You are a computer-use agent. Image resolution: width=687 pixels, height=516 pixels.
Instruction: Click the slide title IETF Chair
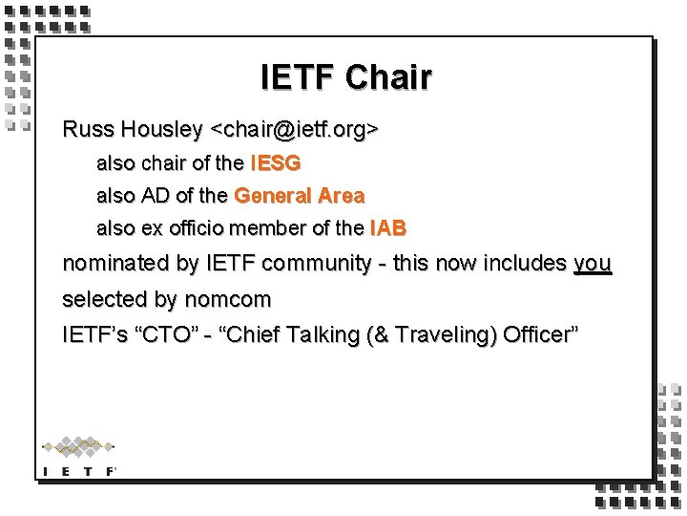coord(345,77)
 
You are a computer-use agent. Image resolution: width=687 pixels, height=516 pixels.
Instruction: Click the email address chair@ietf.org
coord(295,129)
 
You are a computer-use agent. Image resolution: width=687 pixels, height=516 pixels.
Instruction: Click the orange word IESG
coord(275,163)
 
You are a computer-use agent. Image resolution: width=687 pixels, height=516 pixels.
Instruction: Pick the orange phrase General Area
coord(299,196)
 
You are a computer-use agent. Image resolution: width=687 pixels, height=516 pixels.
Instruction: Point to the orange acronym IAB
coord(387,229)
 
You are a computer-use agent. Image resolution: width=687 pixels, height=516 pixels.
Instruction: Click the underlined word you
coord(592,264)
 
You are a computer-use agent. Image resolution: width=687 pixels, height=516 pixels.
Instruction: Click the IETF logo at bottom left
coord(79,456)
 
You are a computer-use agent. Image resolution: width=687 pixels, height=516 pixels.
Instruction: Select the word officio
coord(209,229)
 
